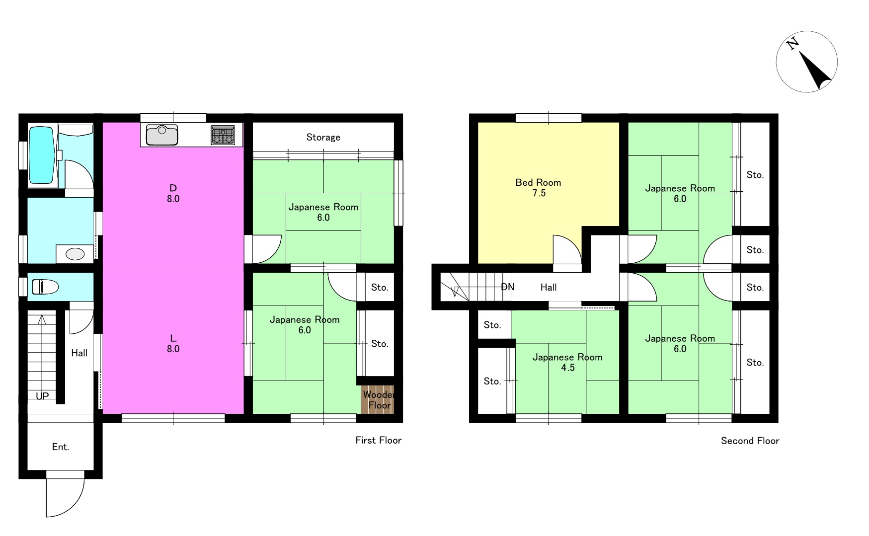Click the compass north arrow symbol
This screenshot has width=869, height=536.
(x=807, y=62)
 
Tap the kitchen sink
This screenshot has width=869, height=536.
(x=162, y=135)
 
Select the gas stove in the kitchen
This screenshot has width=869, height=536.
(x=223, y=135)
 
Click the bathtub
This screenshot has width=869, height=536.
(x=42, y=155)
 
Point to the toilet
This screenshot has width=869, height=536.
(x=45, y=287)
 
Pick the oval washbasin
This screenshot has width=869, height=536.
(x=75, y=254)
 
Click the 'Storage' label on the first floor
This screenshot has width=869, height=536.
(x=323, y=137)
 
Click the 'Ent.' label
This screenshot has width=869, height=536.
(x=61, y=447)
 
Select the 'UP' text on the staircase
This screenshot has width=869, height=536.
(x=42, y=396)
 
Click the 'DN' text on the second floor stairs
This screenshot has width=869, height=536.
(x=508, y=287)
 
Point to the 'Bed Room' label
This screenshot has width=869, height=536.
(x=539, y=182)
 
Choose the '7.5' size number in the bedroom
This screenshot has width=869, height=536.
(x=539, y=193)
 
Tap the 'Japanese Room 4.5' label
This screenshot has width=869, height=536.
(x=567, y=362)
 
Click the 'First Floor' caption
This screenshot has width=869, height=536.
(x=379, y=440)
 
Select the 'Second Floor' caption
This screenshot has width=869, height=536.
(x=750, y=441)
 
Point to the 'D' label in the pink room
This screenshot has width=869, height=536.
(x=173, y=188)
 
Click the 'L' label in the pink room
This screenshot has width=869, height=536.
(x=173, y=338)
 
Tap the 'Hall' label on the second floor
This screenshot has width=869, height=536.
(x=549, y=287)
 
